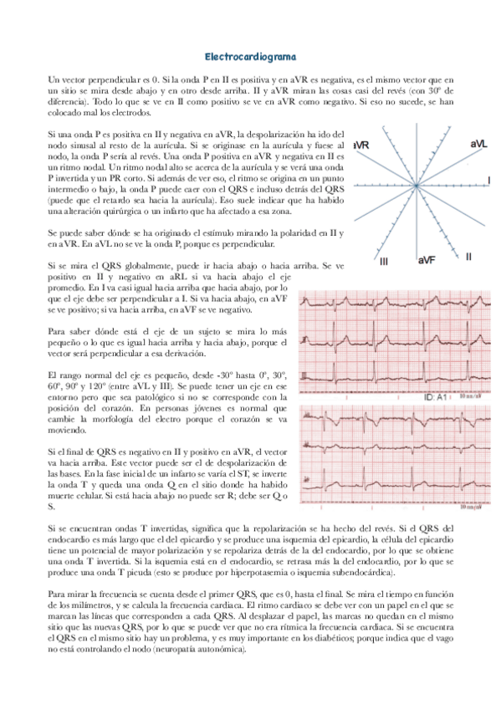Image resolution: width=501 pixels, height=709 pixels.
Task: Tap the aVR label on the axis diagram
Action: (x=362, y=146)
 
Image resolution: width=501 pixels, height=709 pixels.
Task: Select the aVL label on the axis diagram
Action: (x=478, y=145)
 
